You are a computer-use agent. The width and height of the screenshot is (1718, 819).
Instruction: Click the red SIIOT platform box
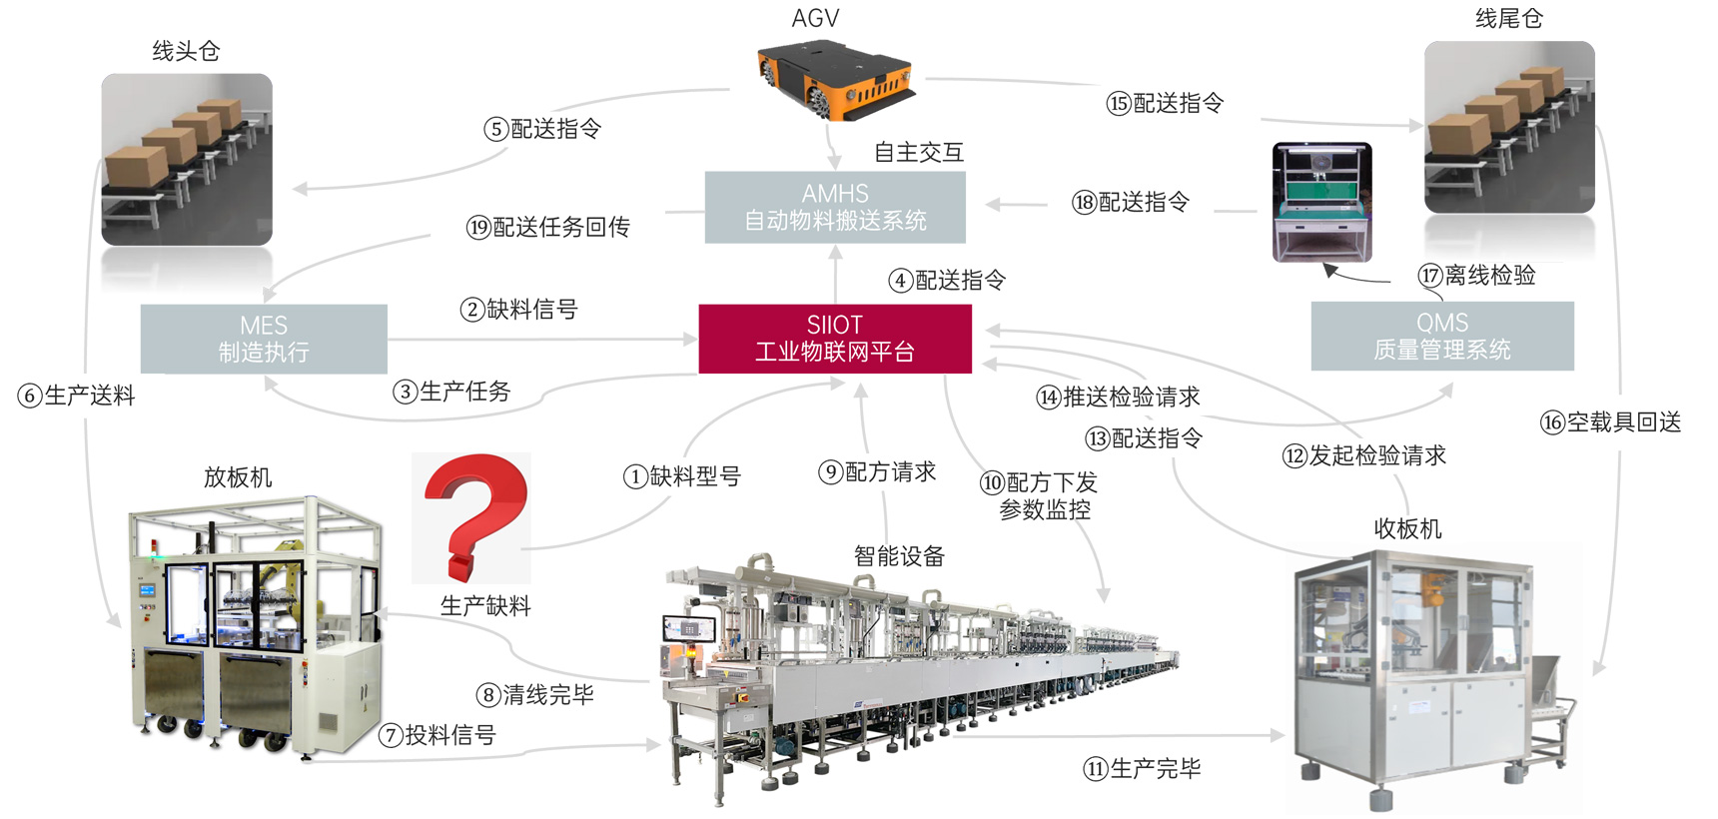(835, 339)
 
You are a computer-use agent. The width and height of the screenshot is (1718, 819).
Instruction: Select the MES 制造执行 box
(264, 339)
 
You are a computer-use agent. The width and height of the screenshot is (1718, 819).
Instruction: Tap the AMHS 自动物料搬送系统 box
(835, 207)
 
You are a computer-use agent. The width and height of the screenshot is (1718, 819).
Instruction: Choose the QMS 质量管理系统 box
(1442, 336)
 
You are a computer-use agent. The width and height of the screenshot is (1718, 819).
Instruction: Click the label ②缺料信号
(519, 310)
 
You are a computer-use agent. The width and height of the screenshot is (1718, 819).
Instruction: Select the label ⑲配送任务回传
(548, 228)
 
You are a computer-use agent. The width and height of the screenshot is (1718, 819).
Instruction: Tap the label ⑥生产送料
(77, 396)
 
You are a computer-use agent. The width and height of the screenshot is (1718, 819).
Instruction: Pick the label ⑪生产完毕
(1143, 768)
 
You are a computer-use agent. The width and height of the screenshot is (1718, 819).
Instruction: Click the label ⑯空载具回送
(1611, 422)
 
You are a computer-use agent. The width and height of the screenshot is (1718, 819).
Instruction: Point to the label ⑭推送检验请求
(1119, 398)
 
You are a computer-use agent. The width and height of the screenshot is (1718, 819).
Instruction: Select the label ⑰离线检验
(1477, 276)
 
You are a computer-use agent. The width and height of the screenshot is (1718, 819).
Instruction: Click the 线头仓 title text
(186, 51)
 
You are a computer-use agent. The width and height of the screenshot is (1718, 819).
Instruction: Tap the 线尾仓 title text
(1509, 19)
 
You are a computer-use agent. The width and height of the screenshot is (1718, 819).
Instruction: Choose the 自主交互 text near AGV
(919, 152)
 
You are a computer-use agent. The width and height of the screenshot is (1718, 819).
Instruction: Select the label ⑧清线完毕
(535, 695)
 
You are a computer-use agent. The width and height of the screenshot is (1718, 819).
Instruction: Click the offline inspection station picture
(1322, 203)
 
